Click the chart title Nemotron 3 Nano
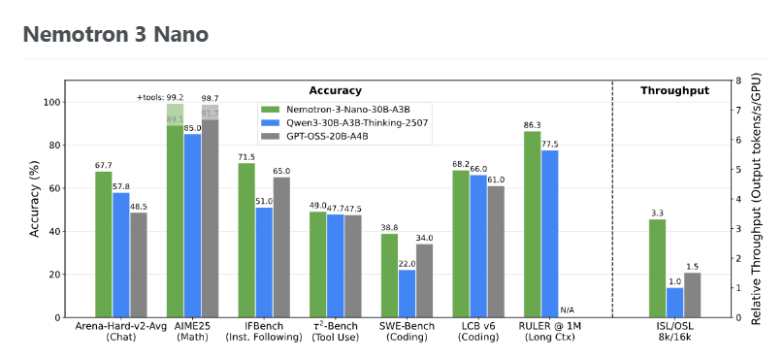click(115, 35)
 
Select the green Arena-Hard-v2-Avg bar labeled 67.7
click(104, 245)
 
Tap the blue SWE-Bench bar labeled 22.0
click(407, 293)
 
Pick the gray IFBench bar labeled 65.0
click(281, 247)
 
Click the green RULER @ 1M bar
click(532, 224)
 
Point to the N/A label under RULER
click(568, 311)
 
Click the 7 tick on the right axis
click(738, 110)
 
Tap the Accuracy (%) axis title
click(34, 199)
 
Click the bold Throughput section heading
click(675, 90)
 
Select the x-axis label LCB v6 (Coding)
click(478, 332)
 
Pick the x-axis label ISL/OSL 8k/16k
click(675, 332)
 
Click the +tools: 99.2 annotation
click(160, 97)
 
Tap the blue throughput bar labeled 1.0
click(674, 303)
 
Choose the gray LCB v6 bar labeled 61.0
click(496, 252)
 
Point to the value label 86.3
click(532, 125)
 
